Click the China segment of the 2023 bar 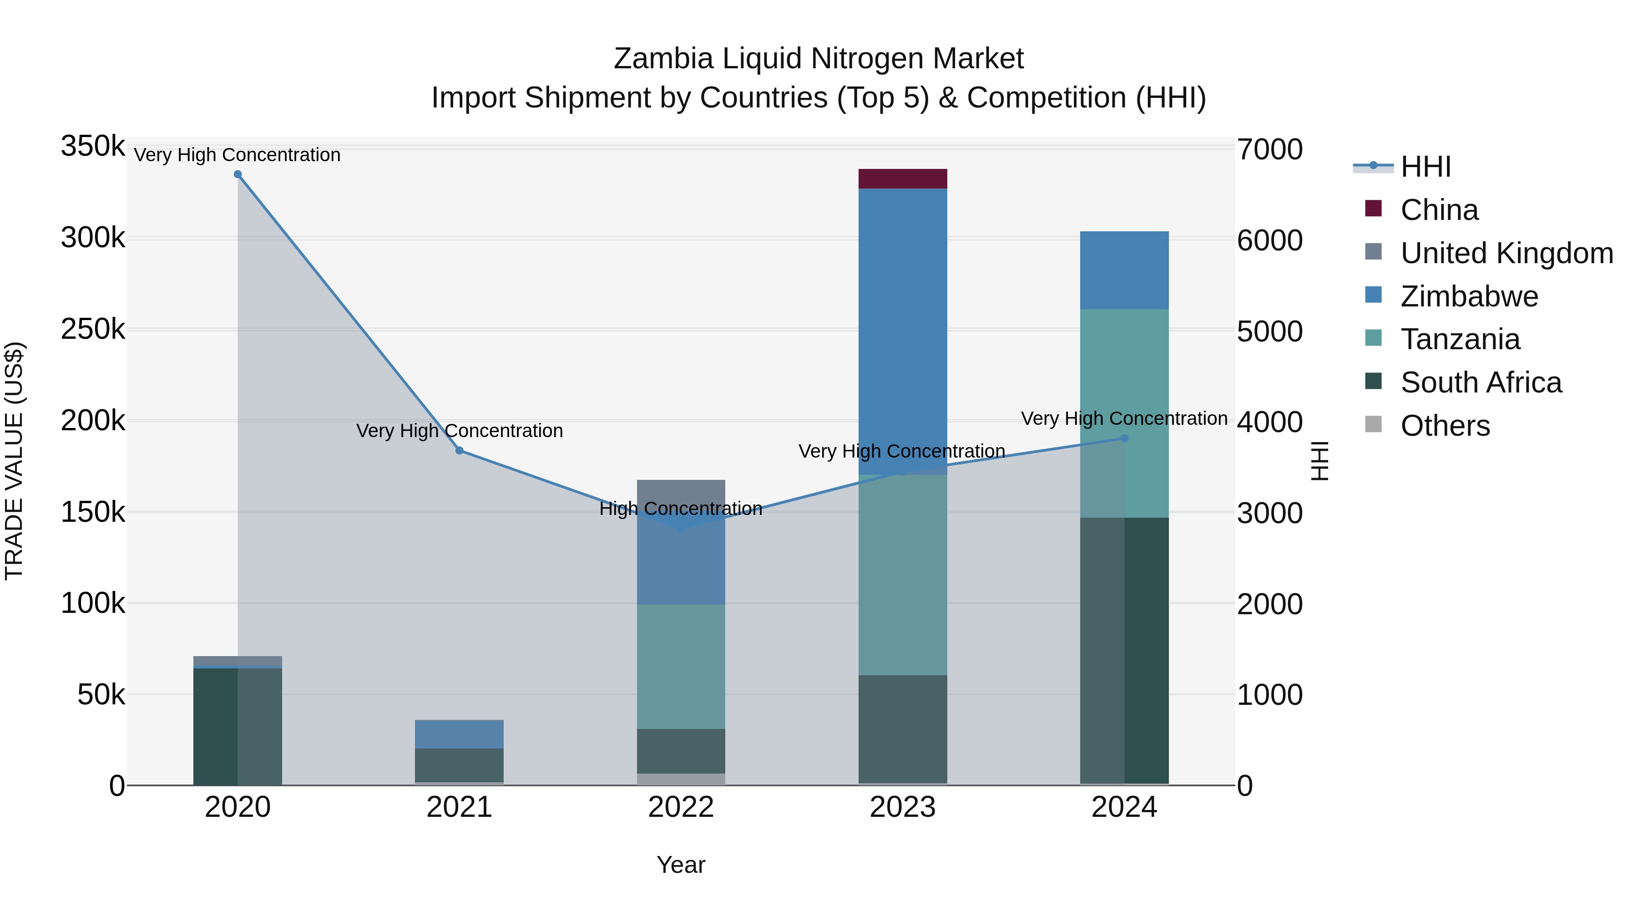(x=902, y=179)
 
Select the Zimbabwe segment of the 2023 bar (x=902, y=331)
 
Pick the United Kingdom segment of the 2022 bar (x=681, y=491)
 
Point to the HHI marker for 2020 (x=238, y=174)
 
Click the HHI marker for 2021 (x=459, y=450)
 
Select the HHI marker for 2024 (x=1124, y=438)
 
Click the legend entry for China (x=1439, y=210)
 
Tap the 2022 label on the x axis (x=681, y=807)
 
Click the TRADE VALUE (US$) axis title (x=14, y=461)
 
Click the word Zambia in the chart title (x=664, y=59)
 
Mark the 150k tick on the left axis (x=93, y=512)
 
